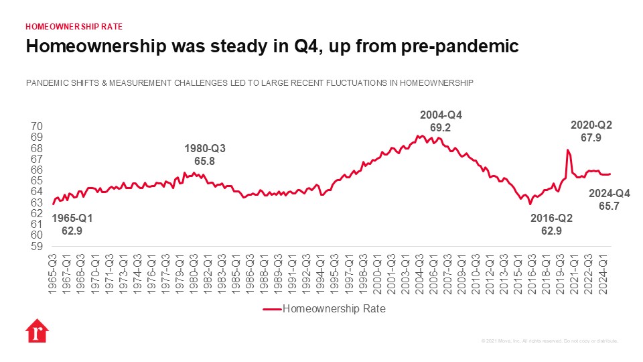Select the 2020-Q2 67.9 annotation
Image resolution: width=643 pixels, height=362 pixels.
591,131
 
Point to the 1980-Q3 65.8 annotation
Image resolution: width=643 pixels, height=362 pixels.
204,155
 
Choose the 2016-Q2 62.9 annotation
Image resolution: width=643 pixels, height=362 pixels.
551,225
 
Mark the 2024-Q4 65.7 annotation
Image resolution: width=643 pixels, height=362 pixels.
608,200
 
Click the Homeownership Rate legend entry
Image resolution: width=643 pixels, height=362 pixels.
324,309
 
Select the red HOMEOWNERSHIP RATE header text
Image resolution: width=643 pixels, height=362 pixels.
74,27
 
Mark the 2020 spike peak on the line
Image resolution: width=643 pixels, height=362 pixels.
567,149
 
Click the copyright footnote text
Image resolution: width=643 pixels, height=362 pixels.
550,341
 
